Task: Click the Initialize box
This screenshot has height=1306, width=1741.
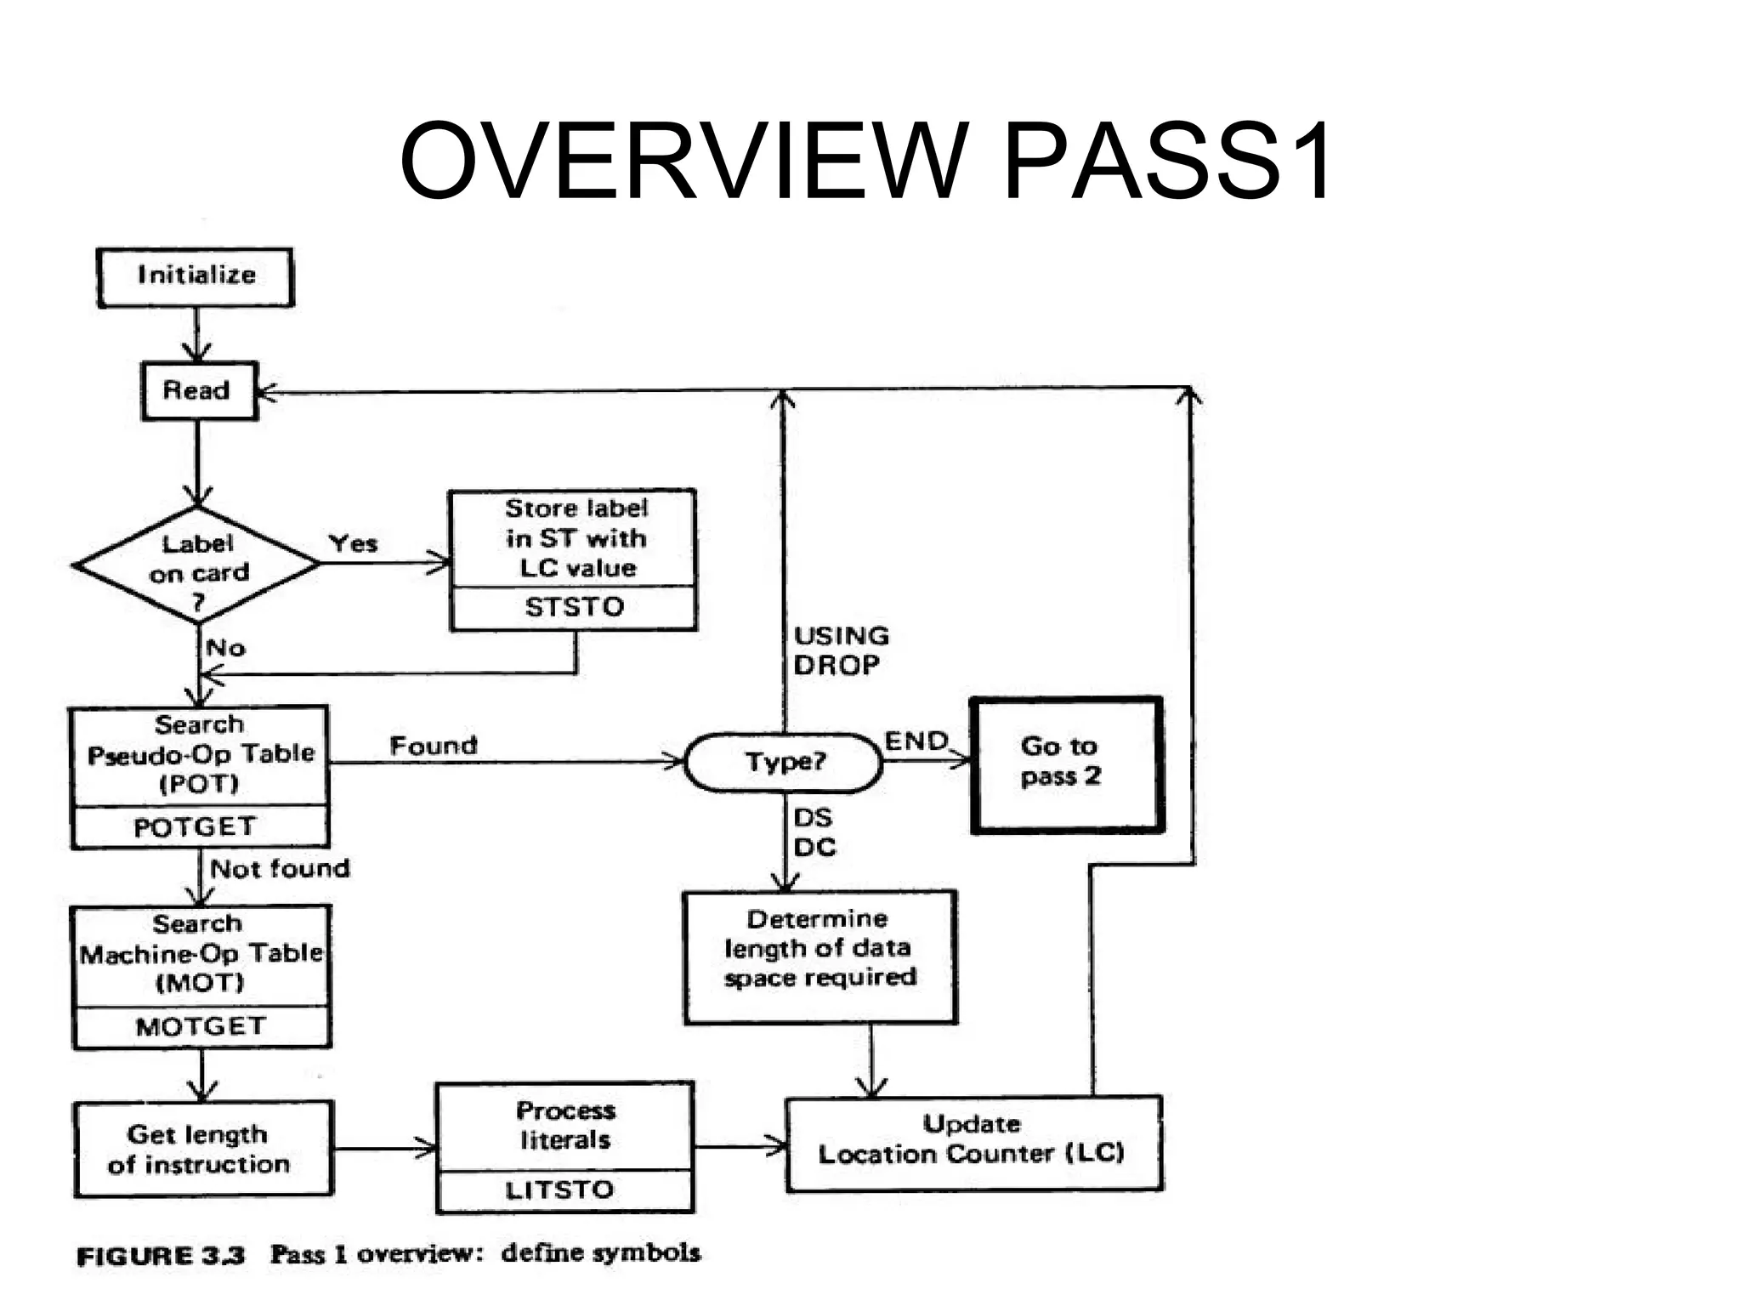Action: (x=196, y=277)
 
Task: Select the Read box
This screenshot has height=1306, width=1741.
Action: (x=198, y=390)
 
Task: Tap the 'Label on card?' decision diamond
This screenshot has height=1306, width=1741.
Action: (x=197, y=565)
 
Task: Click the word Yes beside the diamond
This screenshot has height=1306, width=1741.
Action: (x=353, y=543)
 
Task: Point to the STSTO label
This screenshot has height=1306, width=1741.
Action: (x=574, y=607)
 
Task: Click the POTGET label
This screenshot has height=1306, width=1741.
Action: (x=196, y=827)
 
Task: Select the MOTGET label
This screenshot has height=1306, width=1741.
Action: (x=201, y=1027)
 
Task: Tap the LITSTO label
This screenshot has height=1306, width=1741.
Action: (x=560, y=1190)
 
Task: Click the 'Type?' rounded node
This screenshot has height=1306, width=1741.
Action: (x=784, y=762)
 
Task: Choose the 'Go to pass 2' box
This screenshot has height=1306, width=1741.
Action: (x=1066, y=763)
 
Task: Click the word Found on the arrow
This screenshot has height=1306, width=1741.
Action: (x=434, y=746)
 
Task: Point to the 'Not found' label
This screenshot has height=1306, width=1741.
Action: (x=280, y=869)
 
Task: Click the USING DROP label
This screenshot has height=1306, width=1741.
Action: (x=840, y=650)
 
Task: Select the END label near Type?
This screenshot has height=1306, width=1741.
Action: (x=916, y=741)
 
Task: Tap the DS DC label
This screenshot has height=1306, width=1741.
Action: (x=814, y=832)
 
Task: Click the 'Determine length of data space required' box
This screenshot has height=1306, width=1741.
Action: (x=819, y=957)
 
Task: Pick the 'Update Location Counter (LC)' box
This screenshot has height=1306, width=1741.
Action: (x=973, y=1143)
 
